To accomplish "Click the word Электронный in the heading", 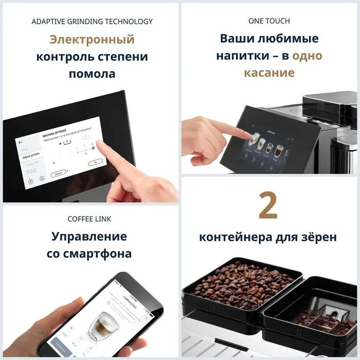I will tap(92, 40).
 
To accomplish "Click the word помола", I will tap(92, 74).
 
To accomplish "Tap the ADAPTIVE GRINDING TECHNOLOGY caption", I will tap(92, 22).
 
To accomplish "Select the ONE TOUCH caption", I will tap(269, 21).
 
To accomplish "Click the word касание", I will tap(269, 73).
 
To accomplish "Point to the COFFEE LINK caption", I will tap(89, 219).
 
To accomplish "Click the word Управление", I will tap(89, 237).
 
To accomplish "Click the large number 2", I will tap(268, 206).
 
